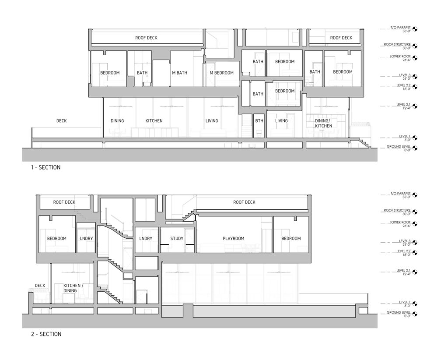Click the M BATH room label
tap(179, 73)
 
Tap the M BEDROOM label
tap(221, 73)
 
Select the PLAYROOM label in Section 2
tap(233, 238)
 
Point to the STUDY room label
tap(177, 238)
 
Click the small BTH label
tap(259, 121)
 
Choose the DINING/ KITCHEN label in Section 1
tap(323, 123)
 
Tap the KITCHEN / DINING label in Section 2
tap(67, 288)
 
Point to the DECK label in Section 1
tap(61, 121)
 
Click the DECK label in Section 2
tap(40, 286)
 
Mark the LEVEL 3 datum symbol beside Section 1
tap(415, 76)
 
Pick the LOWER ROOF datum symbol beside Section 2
tap(415, 223)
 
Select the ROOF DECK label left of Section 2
tap(64, 202)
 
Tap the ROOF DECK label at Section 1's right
tap(341, 38)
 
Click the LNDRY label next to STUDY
tap(145, 238)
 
